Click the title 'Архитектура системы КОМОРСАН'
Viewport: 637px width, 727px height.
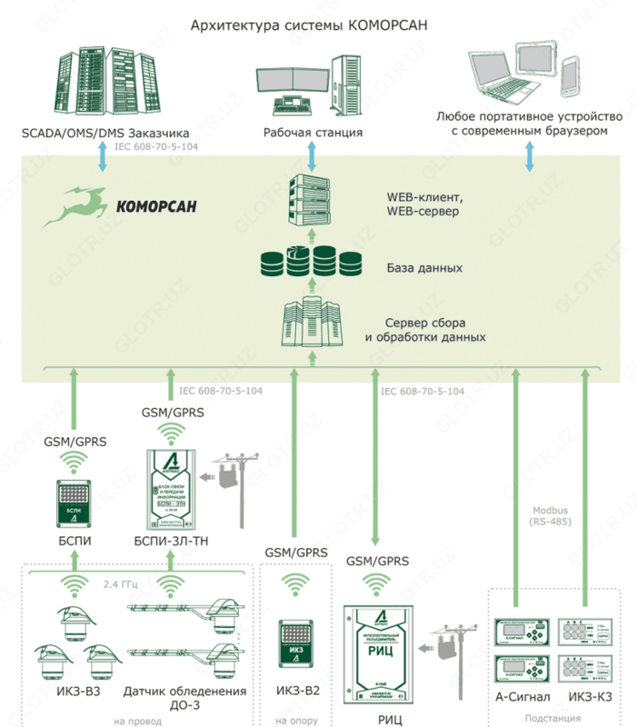tap(309, 25)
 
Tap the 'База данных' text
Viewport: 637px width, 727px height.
tap(424, 269)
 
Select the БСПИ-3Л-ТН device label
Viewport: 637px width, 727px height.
tap(172, 543)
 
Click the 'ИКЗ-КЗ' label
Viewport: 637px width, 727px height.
tap(591, 697)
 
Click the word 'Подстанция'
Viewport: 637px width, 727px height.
tap(554, 719)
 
